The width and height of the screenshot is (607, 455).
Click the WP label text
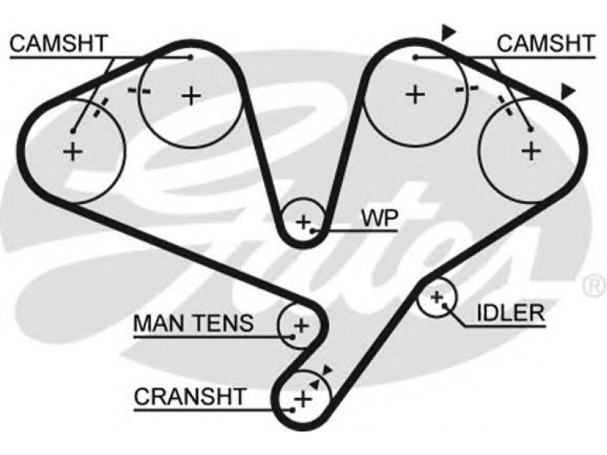click(x=379, y=218)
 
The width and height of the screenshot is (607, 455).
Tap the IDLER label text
click(x=511, y=312)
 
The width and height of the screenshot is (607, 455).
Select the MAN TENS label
click(x=193, y=323)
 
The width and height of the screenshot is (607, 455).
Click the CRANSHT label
click(x=190, y=396)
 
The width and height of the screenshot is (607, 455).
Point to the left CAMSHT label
click(x=58, y=43)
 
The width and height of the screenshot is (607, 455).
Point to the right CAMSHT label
click(x=546, y=43)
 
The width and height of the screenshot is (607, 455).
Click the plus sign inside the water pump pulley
click(x=303, y=222)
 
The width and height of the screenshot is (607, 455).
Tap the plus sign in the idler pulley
click(x=437, y=297)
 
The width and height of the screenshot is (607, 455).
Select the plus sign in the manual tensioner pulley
click(x=301, y=325)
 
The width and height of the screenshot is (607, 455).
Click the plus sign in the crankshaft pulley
click(x=303, y=399)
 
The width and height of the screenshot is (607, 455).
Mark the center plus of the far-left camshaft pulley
click(x=73, y=151)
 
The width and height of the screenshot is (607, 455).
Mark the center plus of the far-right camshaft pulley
click(x=531, y=150)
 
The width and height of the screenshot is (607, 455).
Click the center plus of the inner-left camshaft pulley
click(x=191, y=96)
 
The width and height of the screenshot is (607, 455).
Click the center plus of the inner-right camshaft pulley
click(x=415, y=94)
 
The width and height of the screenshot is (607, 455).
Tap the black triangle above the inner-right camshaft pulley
click(x=448, y=33)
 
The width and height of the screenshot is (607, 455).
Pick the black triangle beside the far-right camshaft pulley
click(x=568, y=92)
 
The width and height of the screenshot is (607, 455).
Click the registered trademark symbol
click(x=595, y=287)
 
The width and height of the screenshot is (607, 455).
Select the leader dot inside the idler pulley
click(x=445, y=306)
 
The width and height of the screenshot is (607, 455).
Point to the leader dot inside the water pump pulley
click(x=313, y=231)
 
